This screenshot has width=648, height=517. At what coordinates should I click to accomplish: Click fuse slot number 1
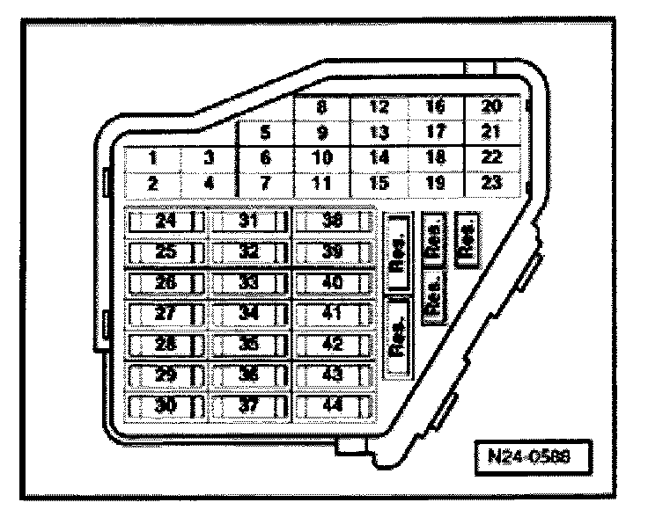point(152,159)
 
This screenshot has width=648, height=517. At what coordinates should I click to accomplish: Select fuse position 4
point(209,184)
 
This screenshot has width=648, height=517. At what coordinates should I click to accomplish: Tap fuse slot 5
point(264,135)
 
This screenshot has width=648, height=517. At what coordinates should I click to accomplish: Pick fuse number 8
point(321,109)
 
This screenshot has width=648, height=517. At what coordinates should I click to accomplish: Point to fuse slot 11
point(322,184)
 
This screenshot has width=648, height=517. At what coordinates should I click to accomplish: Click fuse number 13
point(379,134)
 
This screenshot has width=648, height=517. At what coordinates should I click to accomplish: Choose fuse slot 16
point(435,109)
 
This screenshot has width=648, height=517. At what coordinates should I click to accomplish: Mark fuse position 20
point(492,109)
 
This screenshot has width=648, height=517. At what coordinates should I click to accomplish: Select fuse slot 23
point(492,184)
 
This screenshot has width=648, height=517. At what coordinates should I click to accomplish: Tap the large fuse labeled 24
point(165,222)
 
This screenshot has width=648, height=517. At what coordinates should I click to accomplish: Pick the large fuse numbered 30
point(165,405)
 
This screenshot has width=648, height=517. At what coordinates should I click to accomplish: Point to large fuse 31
point(247,222)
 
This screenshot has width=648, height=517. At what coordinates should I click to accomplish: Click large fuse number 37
point(247,405)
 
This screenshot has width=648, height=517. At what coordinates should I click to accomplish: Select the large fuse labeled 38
point(333,222)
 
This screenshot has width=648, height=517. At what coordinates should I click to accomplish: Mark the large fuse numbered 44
point(333,405)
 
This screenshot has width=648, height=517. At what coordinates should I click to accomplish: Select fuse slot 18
point(435,159)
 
